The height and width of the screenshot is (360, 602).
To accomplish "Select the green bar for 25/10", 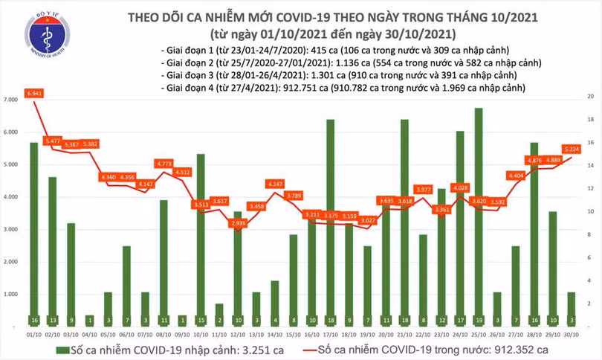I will (x=479, y=216).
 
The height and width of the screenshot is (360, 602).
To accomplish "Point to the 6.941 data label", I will (x=34, y=93).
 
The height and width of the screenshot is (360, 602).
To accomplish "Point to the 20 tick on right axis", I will (x=590, y=97).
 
